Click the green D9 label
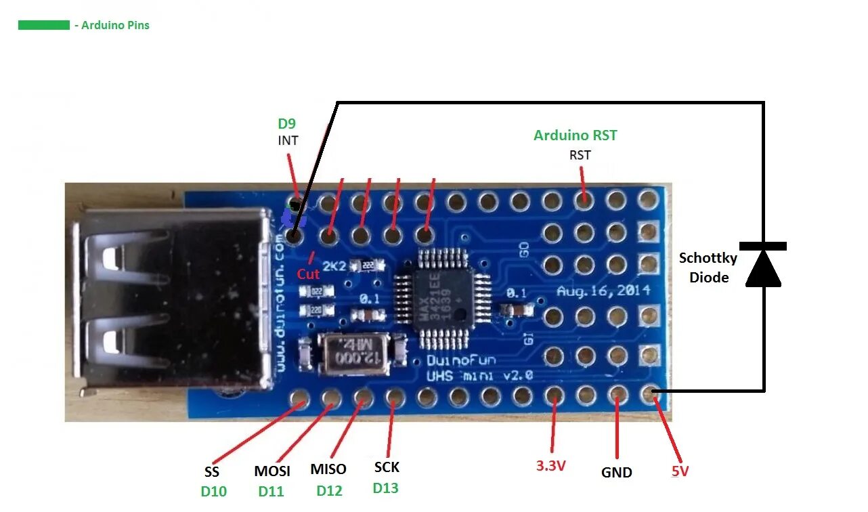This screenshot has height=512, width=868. coord(287,124)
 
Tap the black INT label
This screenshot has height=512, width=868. coord(288,141)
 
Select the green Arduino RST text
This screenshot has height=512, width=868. coord(575,135)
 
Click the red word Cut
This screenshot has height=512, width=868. coord(308,274)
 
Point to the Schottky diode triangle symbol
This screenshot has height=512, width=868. coord(763,268)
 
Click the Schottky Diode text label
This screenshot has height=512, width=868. coord(708,268)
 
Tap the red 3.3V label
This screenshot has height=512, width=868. coord(550,466)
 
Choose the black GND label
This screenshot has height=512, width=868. coord(616,473)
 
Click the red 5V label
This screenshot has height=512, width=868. coord(680,471)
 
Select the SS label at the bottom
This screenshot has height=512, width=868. coord(212,472)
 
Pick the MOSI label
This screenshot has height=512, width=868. coord(272,471)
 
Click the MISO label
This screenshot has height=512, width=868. coord(328,469)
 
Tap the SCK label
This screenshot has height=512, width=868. coord(387,467)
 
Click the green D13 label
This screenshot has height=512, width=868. coord(386,488)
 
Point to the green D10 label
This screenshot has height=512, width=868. coord(214,492)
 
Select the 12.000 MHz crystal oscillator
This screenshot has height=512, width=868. coord(353,355)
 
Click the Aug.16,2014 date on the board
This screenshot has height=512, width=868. coord(603,291)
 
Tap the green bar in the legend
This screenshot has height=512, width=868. coord(44,25)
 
